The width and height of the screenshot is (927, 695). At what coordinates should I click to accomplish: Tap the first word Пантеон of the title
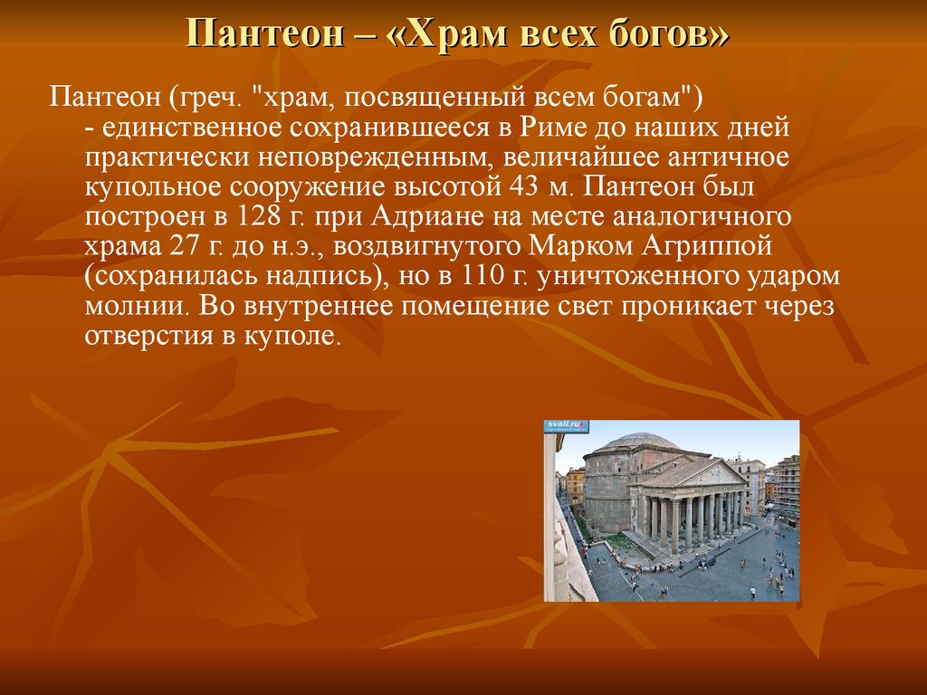(x=265, y=33)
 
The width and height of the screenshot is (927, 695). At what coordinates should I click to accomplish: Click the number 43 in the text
(x=524, y=187)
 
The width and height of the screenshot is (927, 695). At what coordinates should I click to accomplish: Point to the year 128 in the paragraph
(x=258, y=216)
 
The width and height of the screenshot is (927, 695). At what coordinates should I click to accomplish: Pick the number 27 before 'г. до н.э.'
(x=183, y=246)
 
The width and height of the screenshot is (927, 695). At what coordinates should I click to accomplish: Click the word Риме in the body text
(x=553, y=128)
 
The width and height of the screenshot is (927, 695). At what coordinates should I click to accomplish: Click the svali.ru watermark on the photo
(x=566, y=424)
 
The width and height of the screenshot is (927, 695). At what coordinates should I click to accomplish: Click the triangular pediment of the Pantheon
(x=700, y=473)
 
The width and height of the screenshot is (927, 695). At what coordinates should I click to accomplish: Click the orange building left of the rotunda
(x=576, y=486)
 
